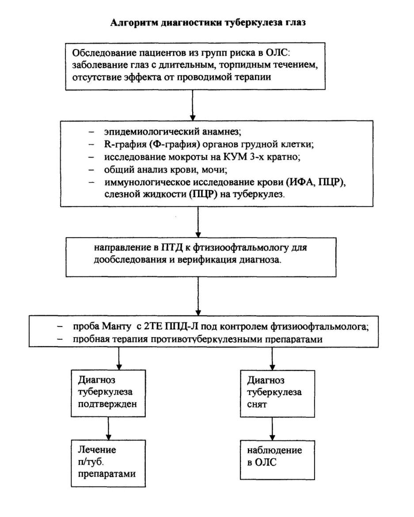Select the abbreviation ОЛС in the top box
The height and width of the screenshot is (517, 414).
tap(277, 53)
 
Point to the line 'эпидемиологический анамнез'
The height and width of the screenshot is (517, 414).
tap(173, 132)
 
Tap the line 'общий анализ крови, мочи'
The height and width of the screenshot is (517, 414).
tap(166, 170)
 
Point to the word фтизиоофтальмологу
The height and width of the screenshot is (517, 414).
tap(240, 247)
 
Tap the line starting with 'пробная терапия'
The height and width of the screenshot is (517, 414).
tap(198, 339)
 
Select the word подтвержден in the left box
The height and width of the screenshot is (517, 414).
tap(107, 404)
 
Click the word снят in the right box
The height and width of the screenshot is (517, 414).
tap(257, 404)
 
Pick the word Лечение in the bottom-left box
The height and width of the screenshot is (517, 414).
tap(97, 450)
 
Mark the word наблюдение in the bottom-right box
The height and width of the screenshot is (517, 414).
tap(274, 450)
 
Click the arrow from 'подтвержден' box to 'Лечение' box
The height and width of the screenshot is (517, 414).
tap(108, 428)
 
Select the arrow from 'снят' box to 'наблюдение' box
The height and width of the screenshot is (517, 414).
tap(272, 429)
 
